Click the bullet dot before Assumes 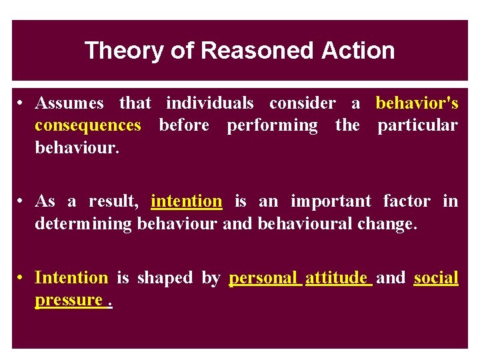point(22,103)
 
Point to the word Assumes point(69,103)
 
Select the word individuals point(209,103)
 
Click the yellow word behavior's point(417,103)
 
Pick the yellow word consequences point(88,125)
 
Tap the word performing point(272,125)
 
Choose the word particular point(417,125)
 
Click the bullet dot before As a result point(22,201)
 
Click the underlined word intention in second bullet point(187,201)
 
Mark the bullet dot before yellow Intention point(22,278)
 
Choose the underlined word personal point(263,278)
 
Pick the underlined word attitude point(337,278)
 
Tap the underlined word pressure point(68,300)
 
